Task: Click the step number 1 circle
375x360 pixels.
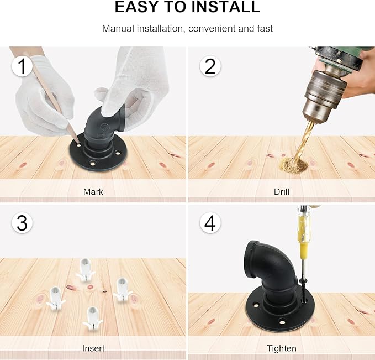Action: [x=22, y=66]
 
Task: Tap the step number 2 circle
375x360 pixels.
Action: [x=210, y=66]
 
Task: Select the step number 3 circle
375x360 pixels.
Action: [x=22, y=223]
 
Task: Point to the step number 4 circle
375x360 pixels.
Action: [x=210, y=223]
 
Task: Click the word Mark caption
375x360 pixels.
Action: [x=93, y=192]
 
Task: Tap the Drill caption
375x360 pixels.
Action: [x=282, y=192]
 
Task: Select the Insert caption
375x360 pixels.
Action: [x=93, y=348]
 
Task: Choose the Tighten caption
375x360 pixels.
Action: [x=282, y=348]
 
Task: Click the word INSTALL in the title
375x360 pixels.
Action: [x=225, y=7]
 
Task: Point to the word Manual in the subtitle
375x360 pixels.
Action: [x=118, y=29]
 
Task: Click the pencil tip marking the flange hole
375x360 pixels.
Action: [x=78, y=143]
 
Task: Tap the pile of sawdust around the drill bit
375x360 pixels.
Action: [x=293, y=165]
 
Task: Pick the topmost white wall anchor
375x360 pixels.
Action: [x=86, y=269]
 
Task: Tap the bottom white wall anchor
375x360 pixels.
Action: [x=93, y=319]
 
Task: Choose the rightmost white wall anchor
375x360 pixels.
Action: [x=122, y=290]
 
